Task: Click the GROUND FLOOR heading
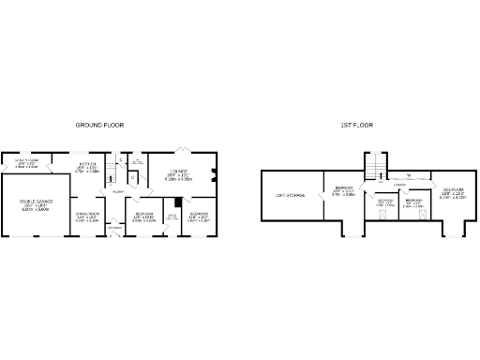pyautogui.click(x=99, y=125)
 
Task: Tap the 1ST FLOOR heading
pyautogui.click(x=361, y=125)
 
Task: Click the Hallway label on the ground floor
pyautogui.click(x=118, y=192)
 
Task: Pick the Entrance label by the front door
pyautogui.click(x=113, y=228)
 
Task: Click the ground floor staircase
pyautogui.click(x=109, y=172)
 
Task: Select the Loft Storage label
pyautogui.click(x=287, y=195)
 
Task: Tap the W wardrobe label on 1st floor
pyautogui.click(x=409, y=174)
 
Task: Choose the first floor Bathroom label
pyautogui.click(x=385, y=202)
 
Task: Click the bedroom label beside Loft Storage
pyautogui.click(x=344, y=192)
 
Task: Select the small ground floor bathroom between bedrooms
pyautogui.click(x=172, y=217)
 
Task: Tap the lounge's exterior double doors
pyautogui.click(x=184, y=149)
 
